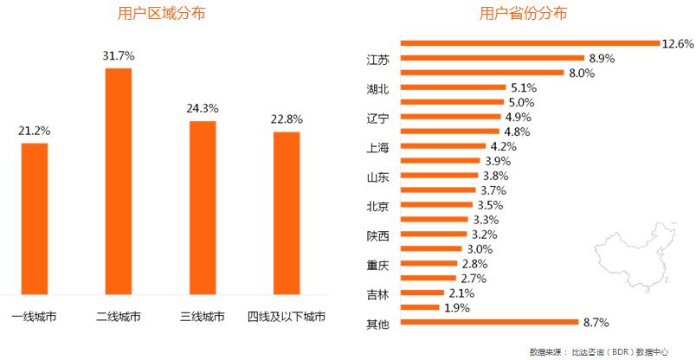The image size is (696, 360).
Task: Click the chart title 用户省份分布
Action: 524,15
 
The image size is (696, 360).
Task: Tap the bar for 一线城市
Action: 35,217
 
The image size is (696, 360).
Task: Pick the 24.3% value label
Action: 203,109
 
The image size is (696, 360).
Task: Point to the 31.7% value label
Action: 119,55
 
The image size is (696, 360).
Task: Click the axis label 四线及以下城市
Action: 287,317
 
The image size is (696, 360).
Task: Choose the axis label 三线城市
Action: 203,317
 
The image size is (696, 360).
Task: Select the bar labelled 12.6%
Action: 529,42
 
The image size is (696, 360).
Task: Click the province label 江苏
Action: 378,60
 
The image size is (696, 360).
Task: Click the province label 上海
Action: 378,147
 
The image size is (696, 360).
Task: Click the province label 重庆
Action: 378,264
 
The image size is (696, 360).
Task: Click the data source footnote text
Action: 598,351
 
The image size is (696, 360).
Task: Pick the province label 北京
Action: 378,206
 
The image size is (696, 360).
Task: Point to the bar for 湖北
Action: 453,87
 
